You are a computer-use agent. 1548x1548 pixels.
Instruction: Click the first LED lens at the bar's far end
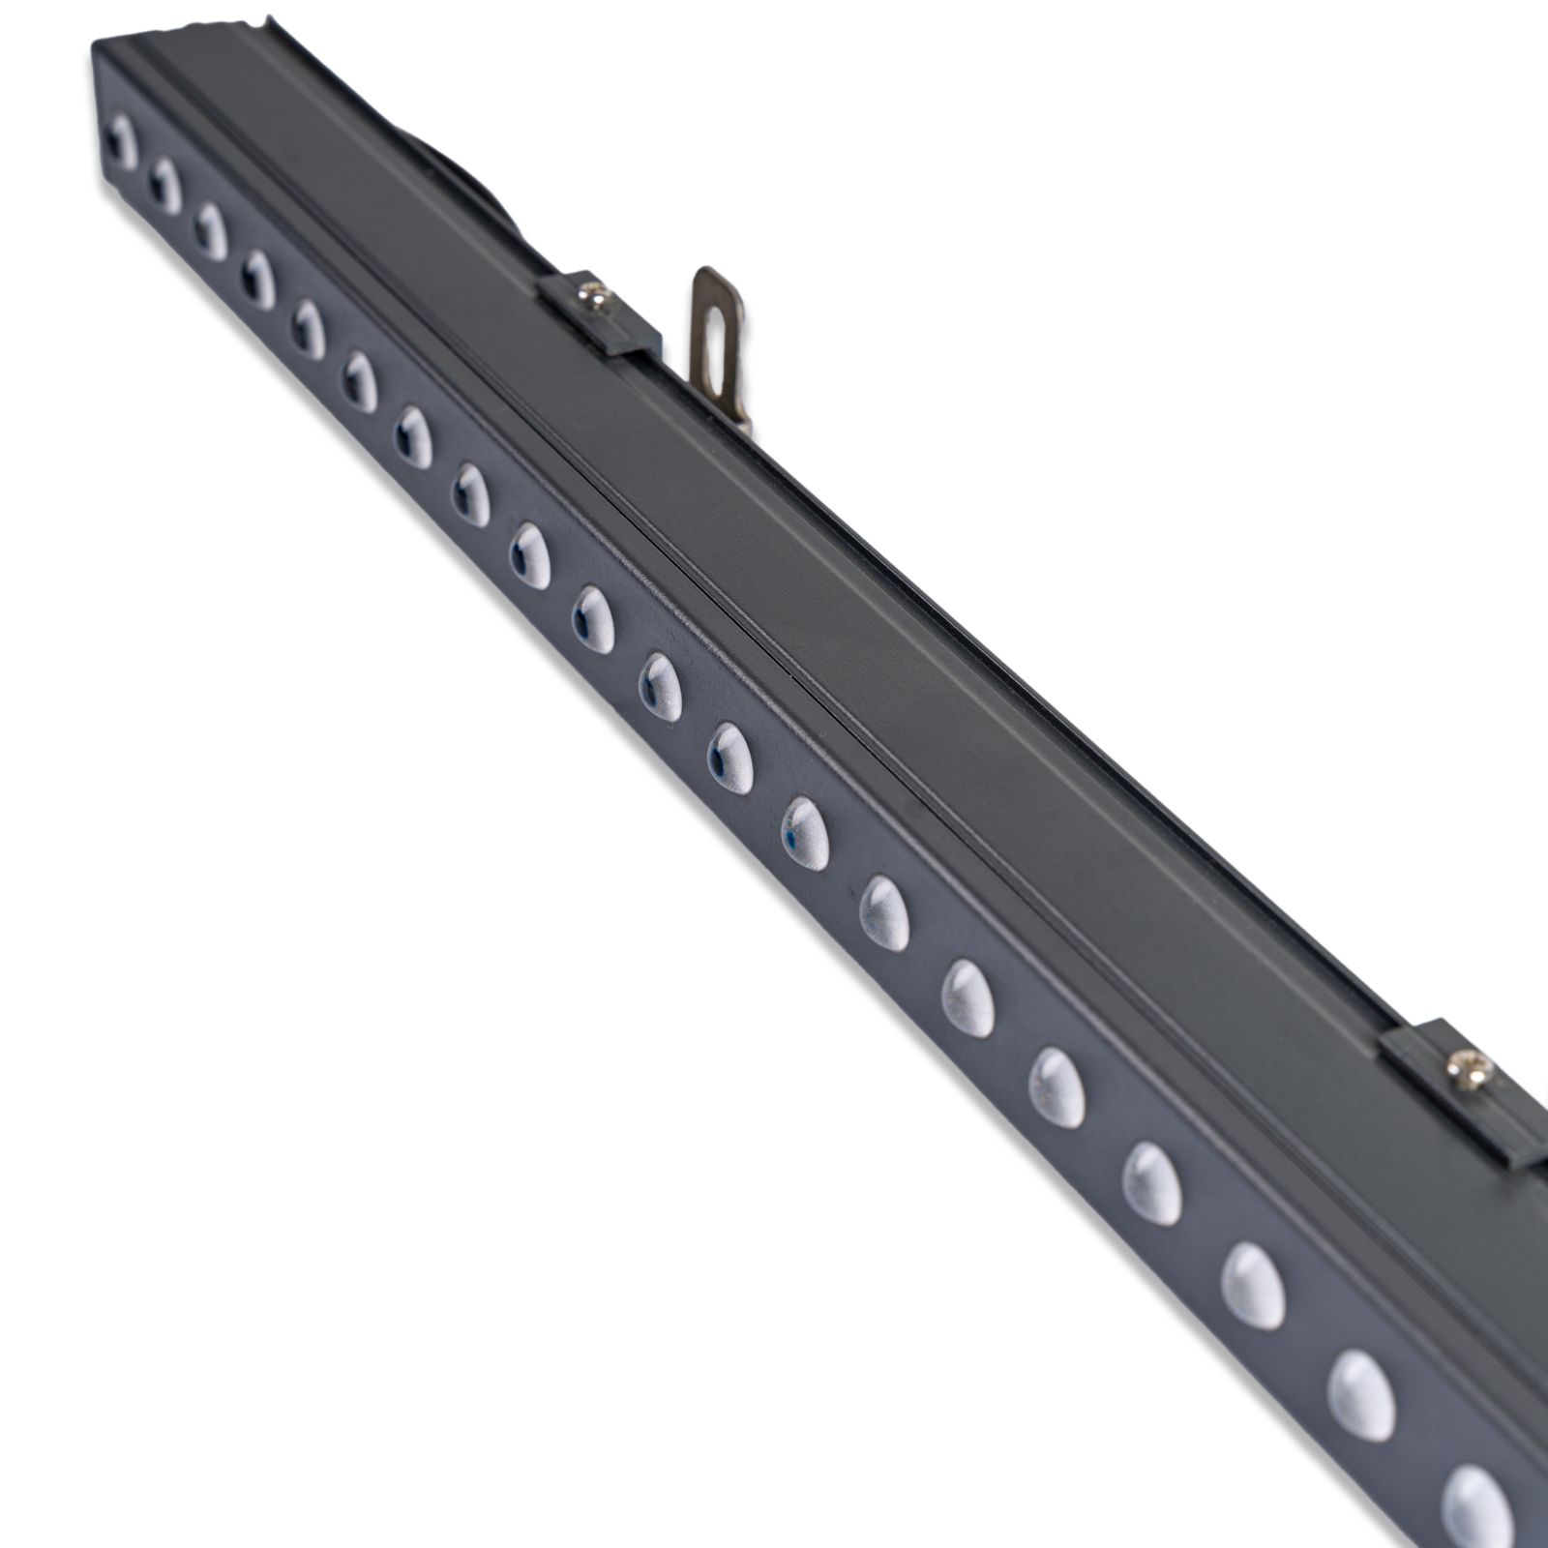(x=122, y=142)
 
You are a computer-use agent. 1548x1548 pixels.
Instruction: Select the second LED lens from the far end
(x=165, y=186)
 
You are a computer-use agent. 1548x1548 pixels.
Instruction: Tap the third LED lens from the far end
(x=210, y=232)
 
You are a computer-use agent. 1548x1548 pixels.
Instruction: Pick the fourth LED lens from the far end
(x=258, y=280)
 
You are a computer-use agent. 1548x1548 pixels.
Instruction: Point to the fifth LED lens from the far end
(x=309, y=330)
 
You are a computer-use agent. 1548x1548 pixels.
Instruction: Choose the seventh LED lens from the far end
(x=413, y=437)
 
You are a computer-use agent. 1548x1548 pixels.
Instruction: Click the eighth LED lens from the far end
(x=472, y=495)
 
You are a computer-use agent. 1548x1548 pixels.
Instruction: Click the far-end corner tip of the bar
(x=95, y=46)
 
